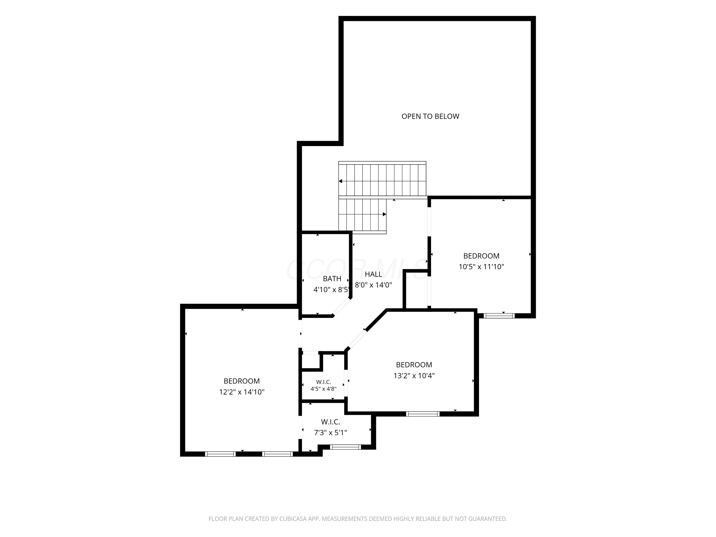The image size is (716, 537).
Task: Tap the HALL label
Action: (x=373, y=274)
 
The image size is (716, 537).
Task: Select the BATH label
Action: (x=332, y=279)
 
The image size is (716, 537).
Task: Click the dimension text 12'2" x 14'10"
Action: (x=242, y=392)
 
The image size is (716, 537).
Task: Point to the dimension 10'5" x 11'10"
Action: (x=481, y=267)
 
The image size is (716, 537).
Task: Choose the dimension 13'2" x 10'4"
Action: (x=414, y=375)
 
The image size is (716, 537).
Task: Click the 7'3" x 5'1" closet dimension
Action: (x=331, y=432)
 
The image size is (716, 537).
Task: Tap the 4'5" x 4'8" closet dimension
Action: (x=323, y=389)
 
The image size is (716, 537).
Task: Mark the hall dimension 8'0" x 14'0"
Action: (x=373, y=285)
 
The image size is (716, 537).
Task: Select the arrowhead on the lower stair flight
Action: (x=384, y=214)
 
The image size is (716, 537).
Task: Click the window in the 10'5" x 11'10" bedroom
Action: (x=499, y=316)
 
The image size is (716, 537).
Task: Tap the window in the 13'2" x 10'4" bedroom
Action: (x=423, y=414)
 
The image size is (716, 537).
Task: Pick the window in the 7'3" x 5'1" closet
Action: (x=345, y=447)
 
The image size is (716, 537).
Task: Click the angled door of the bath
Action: (x=342, y=307)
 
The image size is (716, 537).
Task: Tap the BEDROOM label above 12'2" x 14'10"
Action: (x=242, y=381)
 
